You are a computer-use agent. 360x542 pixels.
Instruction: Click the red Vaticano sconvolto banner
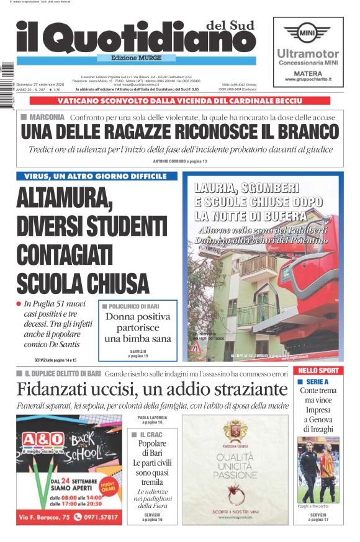[179, 100]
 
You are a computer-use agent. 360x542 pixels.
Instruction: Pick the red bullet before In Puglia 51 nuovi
[19, 303]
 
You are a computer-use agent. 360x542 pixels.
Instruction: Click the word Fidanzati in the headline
[52, 390]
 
